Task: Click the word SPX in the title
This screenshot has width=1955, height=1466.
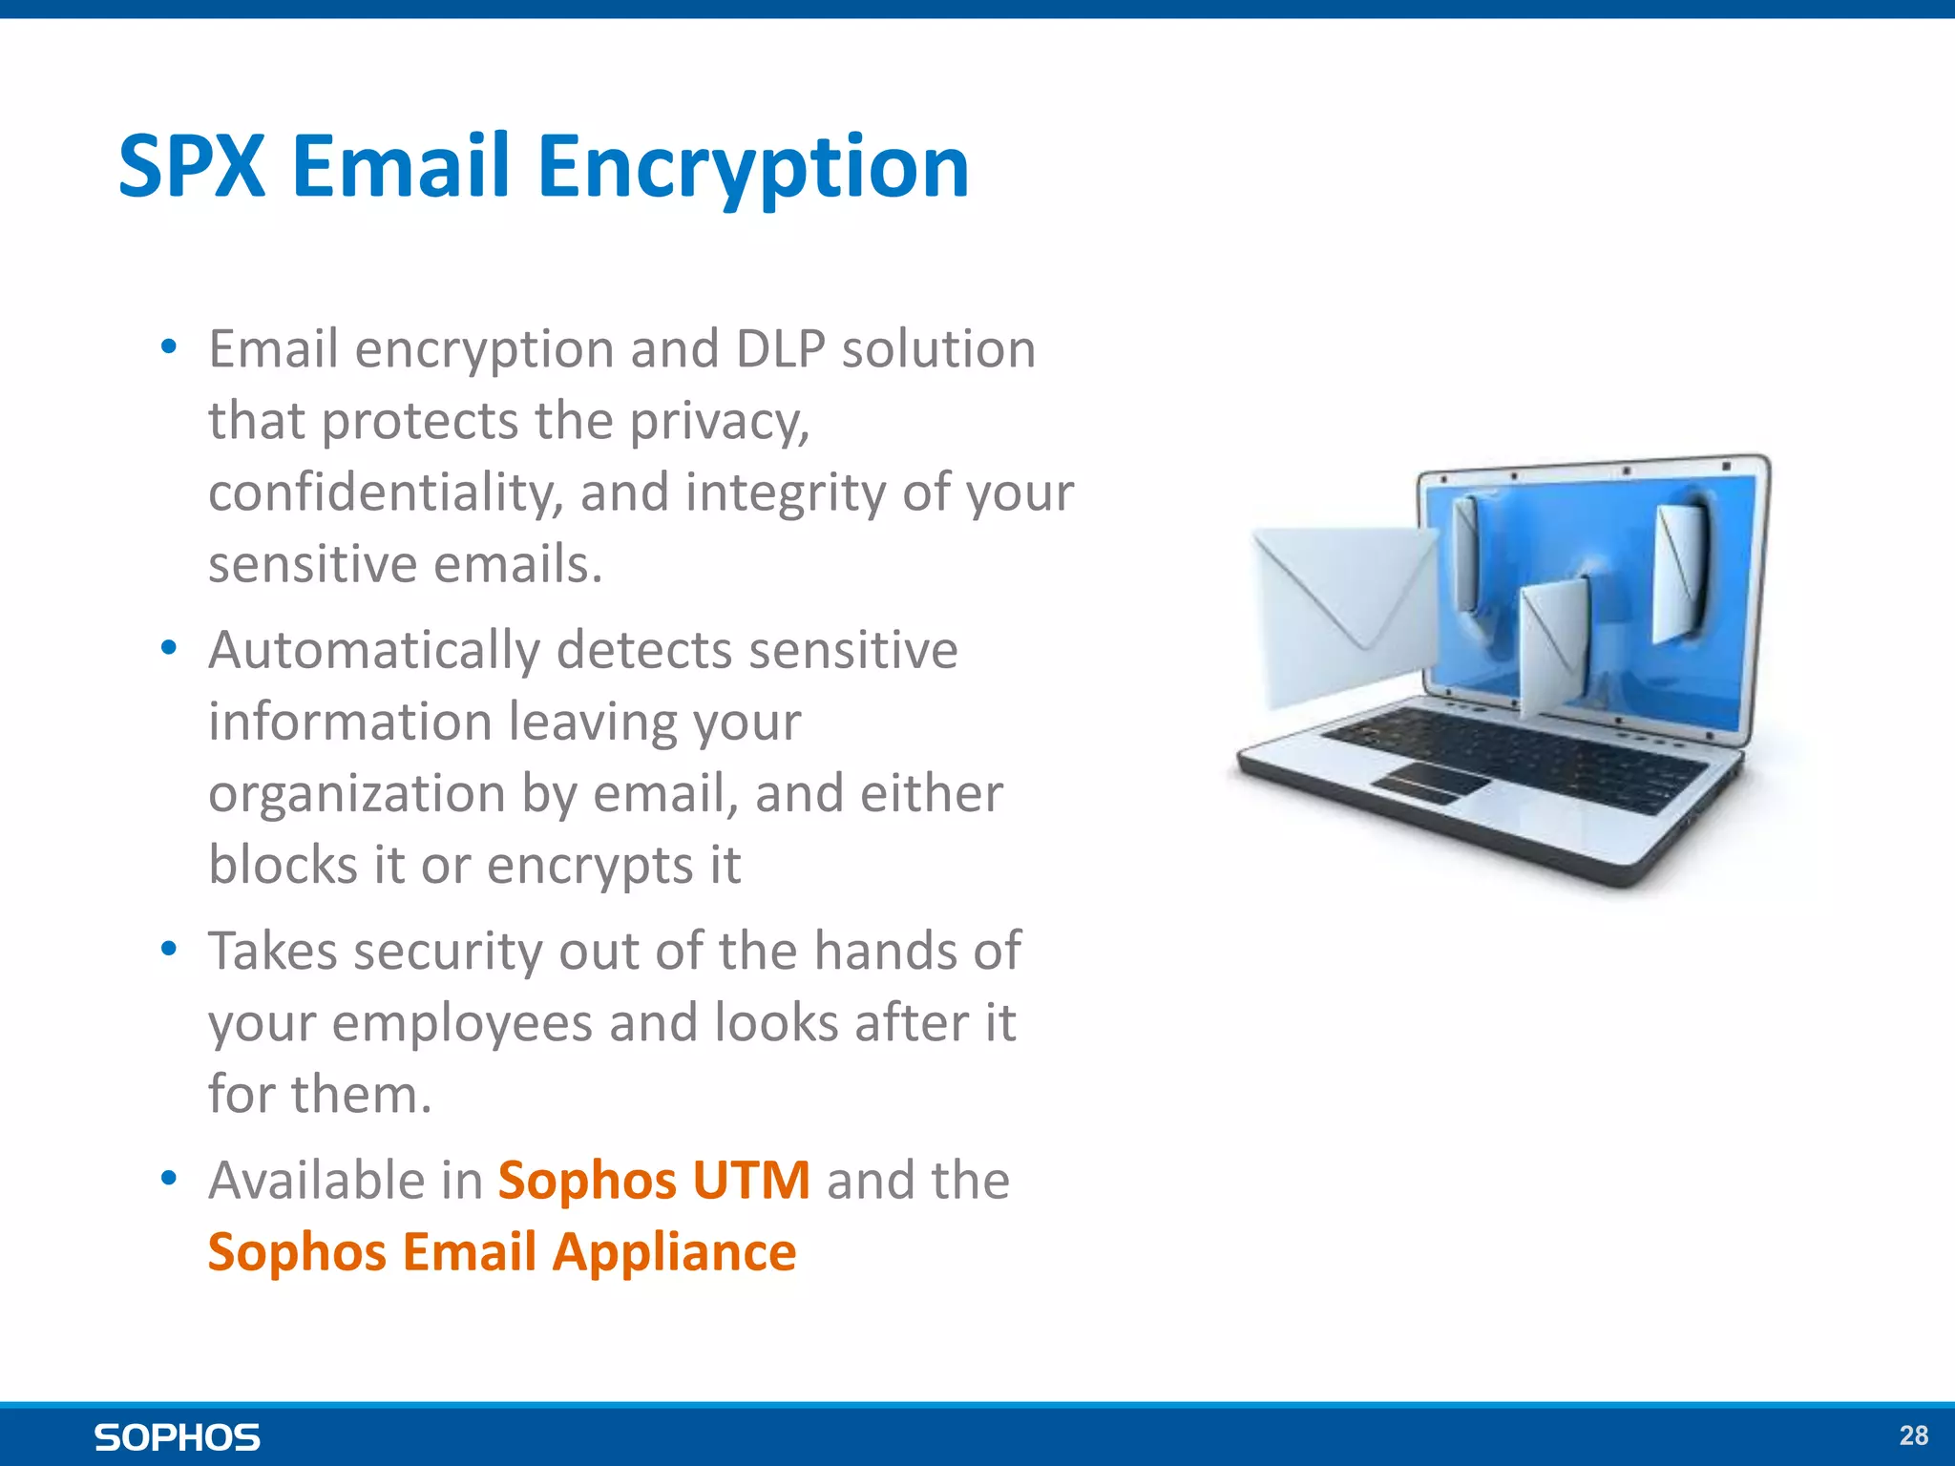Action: pos(191,167)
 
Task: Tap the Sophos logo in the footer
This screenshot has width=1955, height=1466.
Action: pos(178,1437)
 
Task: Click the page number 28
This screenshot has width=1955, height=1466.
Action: pos(1913,1435)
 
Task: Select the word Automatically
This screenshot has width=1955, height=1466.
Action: pos(374,652)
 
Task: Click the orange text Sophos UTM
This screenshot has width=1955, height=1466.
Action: pos(654,1181)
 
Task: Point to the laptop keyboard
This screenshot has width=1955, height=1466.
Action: pos(1518,759)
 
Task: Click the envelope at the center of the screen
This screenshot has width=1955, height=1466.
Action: pos(1554,649)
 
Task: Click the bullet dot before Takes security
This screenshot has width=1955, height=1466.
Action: pos(169,950)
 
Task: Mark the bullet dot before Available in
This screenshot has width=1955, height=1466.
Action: pos(169,1180)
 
